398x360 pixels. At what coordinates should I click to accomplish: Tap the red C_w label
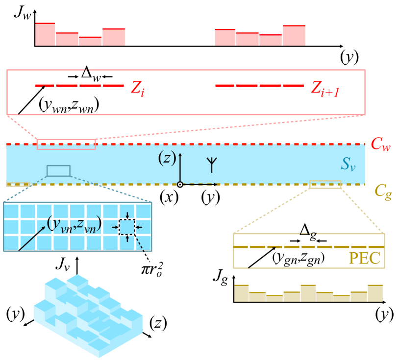coord(380,144)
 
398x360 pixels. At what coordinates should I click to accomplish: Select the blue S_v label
coord(348,165)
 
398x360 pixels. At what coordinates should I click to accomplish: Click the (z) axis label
coord(167,157)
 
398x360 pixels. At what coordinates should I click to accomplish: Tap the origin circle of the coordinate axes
coord(180,185)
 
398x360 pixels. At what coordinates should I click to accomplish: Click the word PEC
coord(364,258)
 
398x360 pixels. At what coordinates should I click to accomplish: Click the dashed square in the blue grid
coord(127,227)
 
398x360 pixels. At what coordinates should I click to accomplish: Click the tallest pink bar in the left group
coord(45,34)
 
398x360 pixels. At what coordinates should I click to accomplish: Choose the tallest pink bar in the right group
coord(294,35)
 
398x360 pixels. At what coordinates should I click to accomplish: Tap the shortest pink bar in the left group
coord(90,41)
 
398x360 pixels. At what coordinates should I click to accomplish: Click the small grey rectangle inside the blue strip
coord(58,171)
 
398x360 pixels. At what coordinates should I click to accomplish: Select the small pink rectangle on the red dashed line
coord(66,144)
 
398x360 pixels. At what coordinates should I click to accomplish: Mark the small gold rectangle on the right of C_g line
coord(325,185)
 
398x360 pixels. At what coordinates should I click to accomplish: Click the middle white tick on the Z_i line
coord(78,87)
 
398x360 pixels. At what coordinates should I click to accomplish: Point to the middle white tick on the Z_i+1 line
coord(258,87)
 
